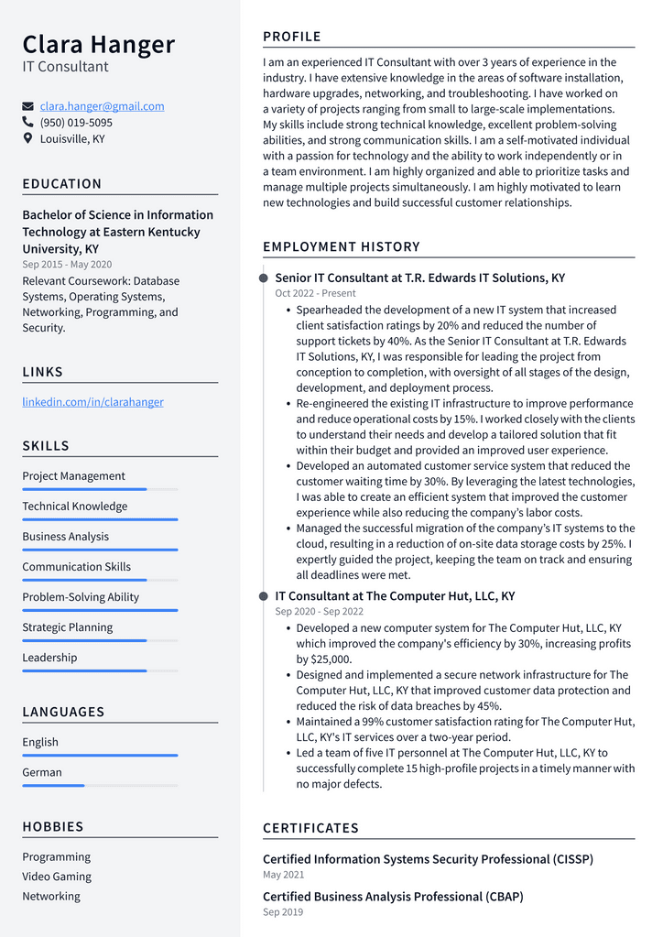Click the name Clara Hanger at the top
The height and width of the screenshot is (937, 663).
[98, 44]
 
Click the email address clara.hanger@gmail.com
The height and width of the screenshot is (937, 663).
[102, 106]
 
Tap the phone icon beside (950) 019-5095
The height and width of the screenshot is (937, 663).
[27, 122]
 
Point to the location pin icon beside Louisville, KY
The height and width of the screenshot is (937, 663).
[27, 138]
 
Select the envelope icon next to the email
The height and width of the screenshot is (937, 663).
[27, 106]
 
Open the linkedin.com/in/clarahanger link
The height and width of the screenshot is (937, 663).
[92, 402]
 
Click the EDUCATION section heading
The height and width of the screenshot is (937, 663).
[62, 184]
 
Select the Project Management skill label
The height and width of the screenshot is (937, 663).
[73, 476]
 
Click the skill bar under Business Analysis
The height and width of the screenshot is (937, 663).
[100, 550]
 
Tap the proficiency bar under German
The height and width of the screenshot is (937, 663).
[100, 785]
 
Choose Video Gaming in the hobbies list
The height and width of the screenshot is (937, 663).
[57, 877]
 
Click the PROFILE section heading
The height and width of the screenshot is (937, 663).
[292, 37]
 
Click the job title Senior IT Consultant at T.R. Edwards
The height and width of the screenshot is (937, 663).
[419, 278]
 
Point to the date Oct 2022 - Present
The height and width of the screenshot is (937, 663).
[315, 294]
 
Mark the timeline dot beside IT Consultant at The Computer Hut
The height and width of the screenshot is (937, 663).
[264, 596]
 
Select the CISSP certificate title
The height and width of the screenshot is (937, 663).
[428, 859]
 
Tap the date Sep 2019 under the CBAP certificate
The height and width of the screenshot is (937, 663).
[283, 912]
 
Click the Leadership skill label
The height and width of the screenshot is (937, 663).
[49, 658]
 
